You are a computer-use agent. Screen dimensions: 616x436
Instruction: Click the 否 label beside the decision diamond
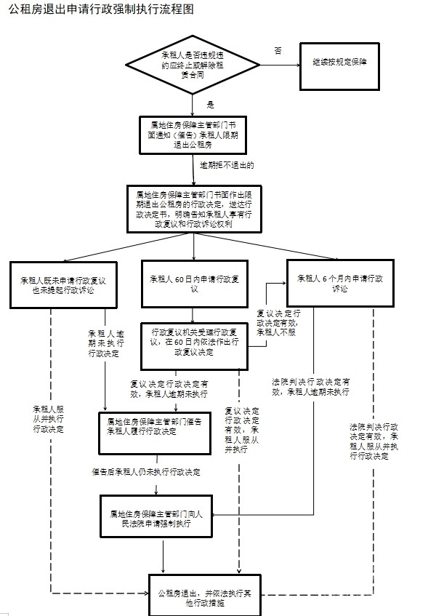click(x=278, y=50)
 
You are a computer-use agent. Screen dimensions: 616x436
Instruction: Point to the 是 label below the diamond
click(x=210, y=105)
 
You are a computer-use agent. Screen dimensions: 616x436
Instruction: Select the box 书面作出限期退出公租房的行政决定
click(x=193, y=209)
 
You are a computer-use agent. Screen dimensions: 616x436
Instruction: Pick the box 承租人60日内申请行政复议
click(x=193, y=284)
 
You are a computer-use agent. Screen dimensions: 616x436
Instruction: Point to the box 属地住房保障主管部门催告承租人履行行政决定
click(x=153, y=425)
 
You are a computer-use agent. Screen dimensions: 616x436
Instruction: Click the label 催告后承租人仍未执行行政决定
click(x=146, y=472)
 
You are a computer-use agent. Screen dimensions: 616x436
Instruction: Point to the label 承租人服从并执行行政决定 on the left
click(x=48, y=419)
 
